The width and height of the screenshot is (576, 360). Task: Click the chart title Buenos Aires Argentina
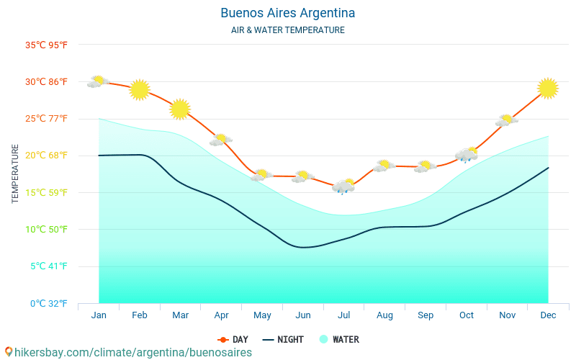[287, 13]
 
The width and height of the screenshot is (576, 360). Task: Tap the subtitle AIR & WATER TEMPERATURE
[287, 30]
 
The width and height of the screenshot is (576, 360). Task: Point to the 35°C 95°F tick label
[46, 45]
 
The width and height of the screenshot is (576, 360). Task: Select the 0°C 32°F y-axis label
[49, 303]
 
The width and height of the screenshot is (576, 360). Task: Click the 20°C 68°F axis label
[46, 156]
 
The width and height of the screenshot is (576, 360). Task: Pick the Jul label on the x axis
[343, 315]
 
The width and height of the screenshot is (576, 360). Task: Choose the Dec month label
[548, 315]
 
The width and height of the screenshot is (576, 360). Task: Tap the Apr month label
[221, 315]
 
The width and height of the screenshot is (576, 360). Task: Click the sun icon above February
[140, 89]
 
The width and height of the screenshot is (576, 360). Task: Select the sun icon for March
[180, 109]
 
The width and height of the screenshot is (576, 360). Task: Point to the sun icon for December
[548, 88]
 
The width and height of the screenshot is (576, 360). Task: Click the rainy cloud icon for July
[344, 186]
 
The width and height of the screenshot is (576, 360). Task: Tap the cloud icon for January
[97, 81]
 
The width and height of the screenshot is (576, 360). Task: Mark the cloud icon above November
[507, 120]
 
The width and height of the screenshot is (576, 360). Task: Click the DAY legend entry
[233, 340]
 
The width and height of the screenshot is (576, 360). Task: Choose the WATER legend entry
[339, 340]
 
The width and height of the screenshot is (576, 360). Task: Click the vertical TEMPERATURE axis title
[15, 174]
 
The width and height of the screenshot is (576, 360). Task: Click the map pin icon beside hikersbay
[9, 352]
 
